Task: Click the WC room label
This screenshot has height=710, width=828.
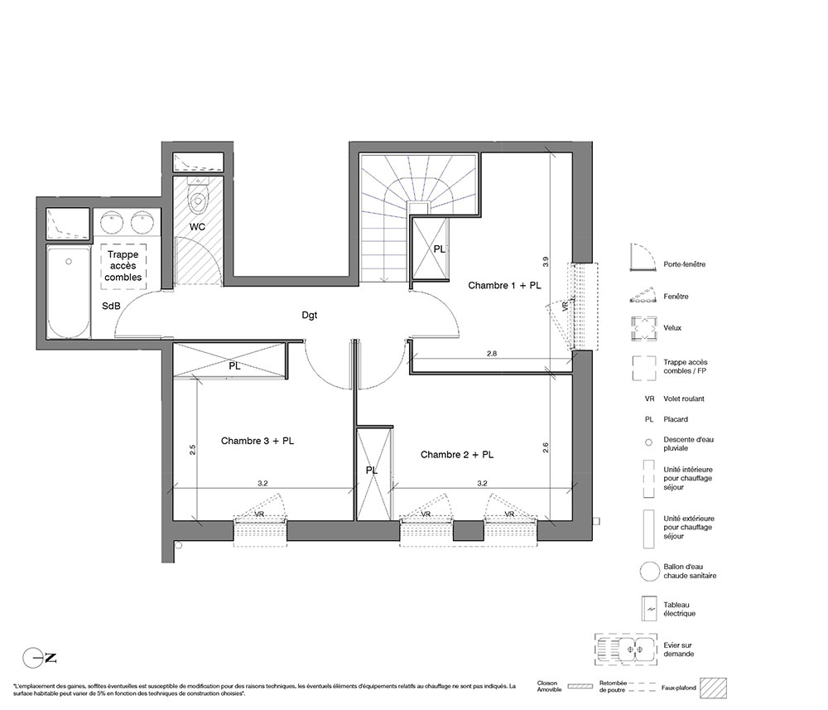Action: pos(198,227)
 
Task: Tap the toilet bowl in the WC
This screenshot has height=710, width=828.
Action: pos(199,197)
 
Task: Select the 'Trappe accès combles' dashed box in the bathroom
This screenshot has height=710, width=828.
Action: pos(123,266)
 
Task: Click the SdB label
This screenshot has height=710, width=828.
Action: pos(111,306)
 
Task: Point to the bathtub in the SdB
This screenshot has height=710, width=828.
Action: pos(69,292)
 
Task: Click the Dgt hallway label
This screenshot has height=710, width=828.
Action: pos(310,316)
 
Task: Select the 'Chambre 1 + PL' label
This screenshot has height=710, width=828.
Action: pos(504,285)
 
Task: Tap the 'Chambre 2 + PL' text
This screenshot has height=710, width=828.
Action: pos(457,454)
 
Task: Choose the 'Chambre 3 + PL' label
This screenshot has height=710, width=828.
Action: pos(258,441)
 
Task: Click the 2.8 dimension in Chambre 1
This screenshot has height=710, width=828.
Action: pos(492,354)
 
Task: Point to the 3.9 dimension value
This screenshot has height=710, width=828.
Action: pos(546,262)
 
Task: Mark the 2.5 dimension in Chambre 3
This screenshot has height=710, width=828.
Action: pos(193,450)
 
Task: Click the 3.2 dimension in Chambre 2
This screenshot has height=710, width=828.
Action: pos(482,483)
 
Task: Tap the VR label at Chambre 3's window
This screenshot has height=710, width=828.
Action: pos(259,514)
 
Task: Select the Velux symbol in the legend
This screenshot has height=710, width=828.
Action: pos(644,328)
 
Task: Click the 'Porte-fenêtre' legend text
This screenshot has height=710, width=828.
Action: pos(685,264)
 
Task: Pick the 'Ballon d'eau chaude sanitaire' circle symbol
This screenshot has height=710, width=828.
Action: pos(649,571)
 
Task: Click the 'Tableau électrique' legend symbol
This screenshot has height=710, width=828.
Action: pos(648,609)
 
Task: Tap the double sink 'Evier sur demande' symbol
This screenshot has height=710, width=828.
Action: pos(626,650)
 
